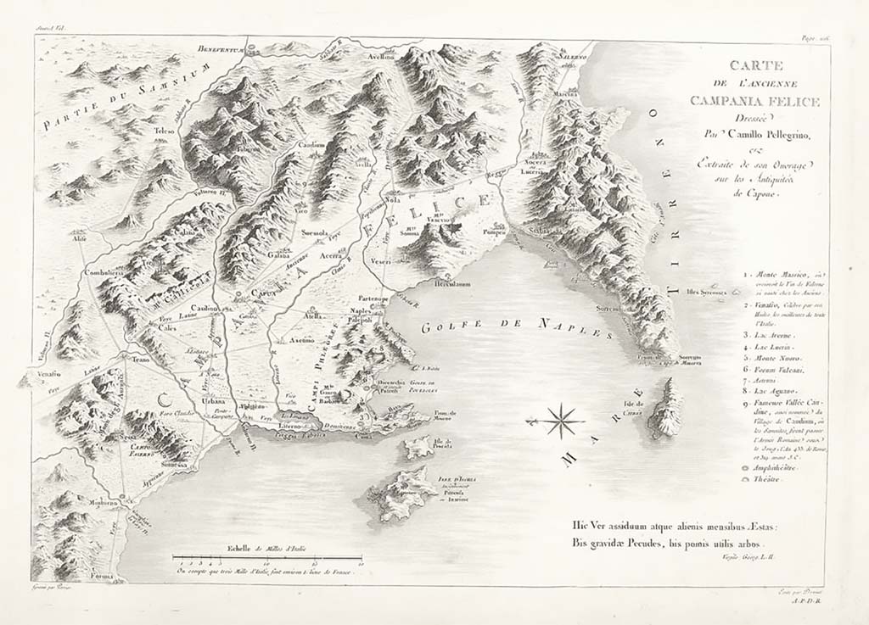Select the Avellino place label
(381, 56)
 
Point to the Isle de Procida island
(418, 447)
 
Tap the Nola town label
(392, 200)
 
